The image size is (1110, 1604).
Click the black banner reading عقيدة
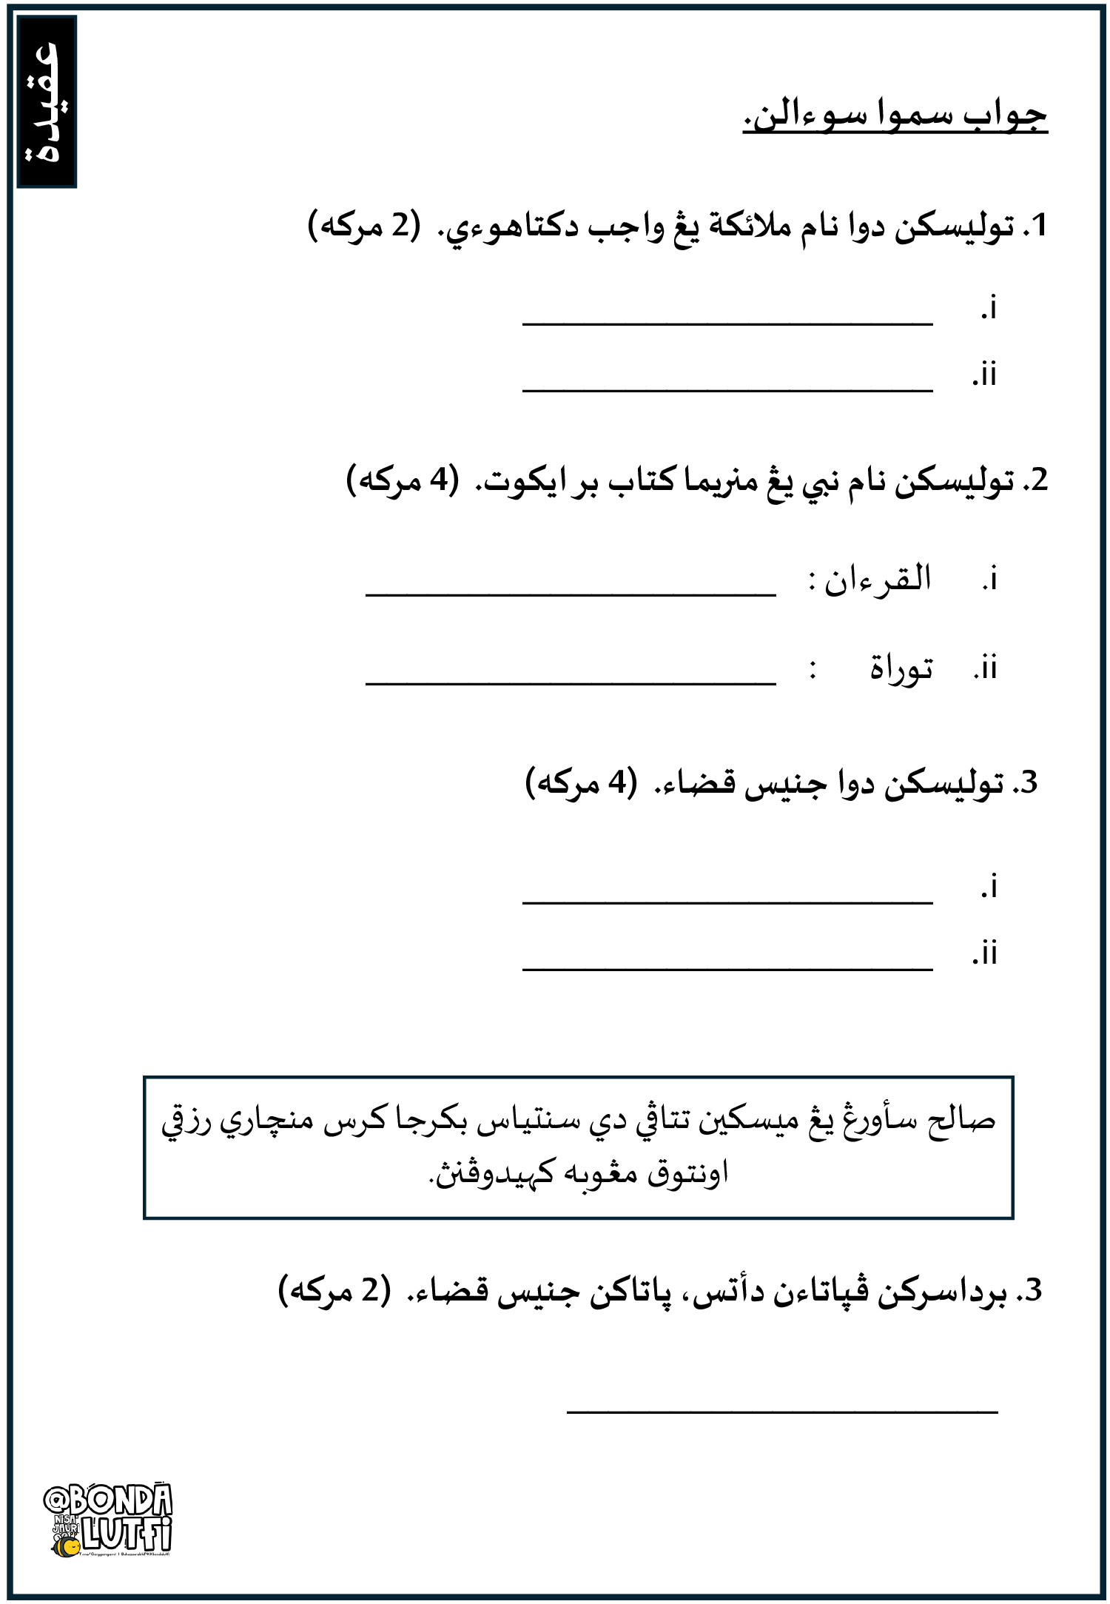47,102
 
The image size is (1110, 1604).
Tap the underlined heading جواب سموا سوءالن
895,116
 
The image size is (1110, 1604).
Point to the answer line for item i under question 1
727,323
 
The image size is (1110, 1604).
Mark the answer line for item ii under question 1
727,389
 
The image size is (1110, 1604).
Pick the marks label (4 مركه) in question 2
403,481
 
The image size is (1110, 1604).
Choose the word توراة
901,668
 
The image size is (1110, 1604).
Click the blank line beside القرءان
571,594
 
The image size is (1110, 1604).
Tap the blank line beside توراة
571,683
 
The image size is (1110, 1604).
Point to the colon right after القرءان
813,582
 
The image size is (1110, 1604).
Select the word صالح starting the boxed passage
962,1121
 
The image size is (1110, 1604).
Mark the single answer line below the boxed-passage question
782,1412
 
